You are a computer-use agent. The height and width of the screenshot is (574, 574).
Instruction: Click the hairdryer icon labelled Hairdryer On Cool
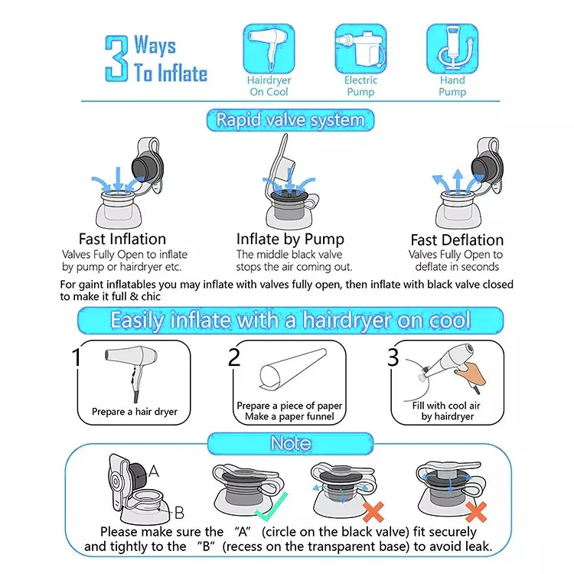click(x=269, y=49)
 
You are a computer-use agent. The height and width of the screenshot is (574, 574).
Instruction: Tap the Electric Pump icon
click(x=360, y=49)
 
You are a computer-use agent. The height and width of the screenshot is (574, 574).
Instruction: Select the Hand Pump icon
click(x=452, y=49)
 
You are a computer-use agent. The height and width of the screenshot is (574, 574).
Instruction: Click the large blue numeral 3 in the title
click(x=116, y=58)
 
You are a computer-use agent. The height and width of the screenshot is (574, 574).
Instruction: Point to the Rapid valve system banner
click(x=290, y=120)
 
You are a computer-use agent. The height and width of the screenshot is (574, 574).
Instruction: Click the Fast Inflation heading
click(x=122, y=239)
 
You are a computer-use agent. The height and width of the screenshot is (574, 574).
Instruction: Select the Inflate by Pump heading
click(x=290, y=239)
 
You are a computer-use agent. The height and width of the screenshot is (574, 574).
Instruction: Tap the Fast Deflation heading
click(x=457, y=240)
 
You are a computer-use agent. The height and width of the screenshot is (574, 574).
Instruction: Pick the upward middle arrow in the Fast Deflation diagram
click(x=458, y=181)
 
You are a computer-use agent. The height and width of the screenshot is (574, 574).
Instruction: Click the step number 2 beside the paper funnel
click(x=234, y=357)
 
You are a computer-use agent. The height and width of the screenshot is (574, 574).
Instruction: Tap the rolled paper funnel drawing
click(x=292, y=368)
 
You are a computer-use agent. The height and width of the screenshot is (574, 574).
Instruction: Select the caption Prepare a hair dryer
click(x=135, y=412)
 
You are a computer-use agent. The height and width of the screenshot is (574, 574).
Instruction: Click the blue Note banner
click(x=290, y=443)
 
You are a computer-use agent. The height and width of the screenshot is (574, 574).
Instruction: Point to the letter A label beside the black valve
click(x=154, y=471)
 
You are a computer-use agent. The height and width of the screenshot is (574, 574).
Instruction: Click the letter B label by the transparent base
click(x=179, y=513)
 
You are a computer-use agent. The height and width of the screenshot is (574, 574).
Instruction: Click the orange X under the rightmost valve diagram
click(x=476, y=512)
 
